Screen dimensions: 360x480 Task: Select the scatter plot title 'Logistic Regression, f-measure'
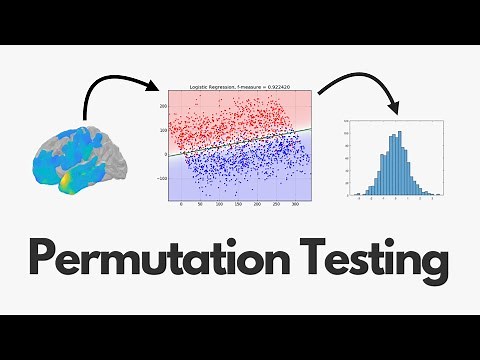(224, 85)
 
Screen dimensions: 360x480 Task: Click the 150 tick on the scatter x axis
(237, 204)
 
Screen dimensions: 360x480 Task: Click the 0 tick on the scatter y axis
(164, 155)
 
